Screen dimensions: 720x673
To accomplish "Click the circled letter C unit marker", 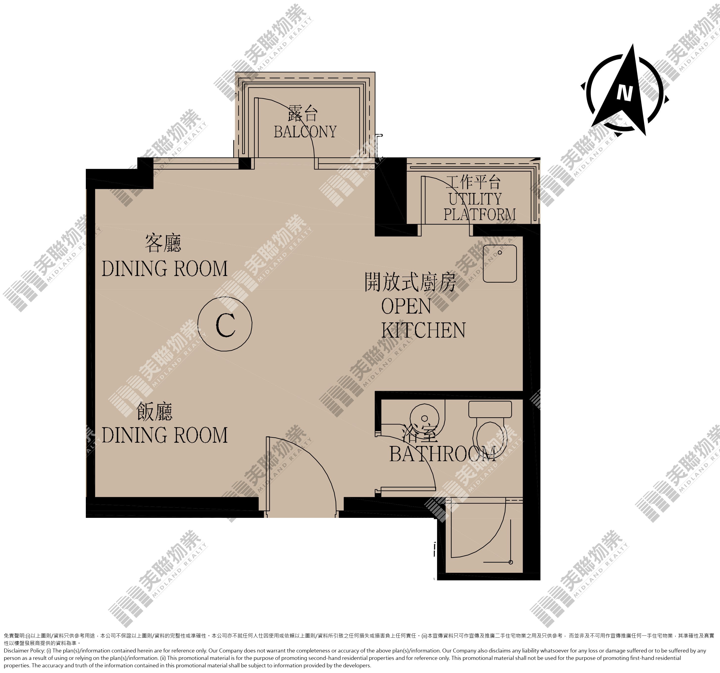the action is tap(225, 324).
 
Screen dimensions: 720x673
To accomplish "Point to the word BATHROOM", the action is tap(442, 454).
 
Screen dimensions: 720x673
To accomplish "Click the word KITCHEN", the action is tap(423, 330).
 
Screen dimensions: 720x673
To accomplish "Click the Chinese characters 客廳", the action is tap(163, 243).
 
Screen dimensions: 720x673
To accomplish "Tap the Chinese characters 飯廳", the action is tap(155, 412).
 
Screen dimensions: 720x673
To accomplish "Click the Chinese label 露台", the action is tap(303, 114).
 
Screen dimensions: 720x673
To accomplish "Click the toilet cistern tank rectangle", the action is tap(490, 409).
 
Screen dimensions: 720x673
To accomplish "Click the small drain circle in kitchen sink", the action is tap(500, 252).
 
